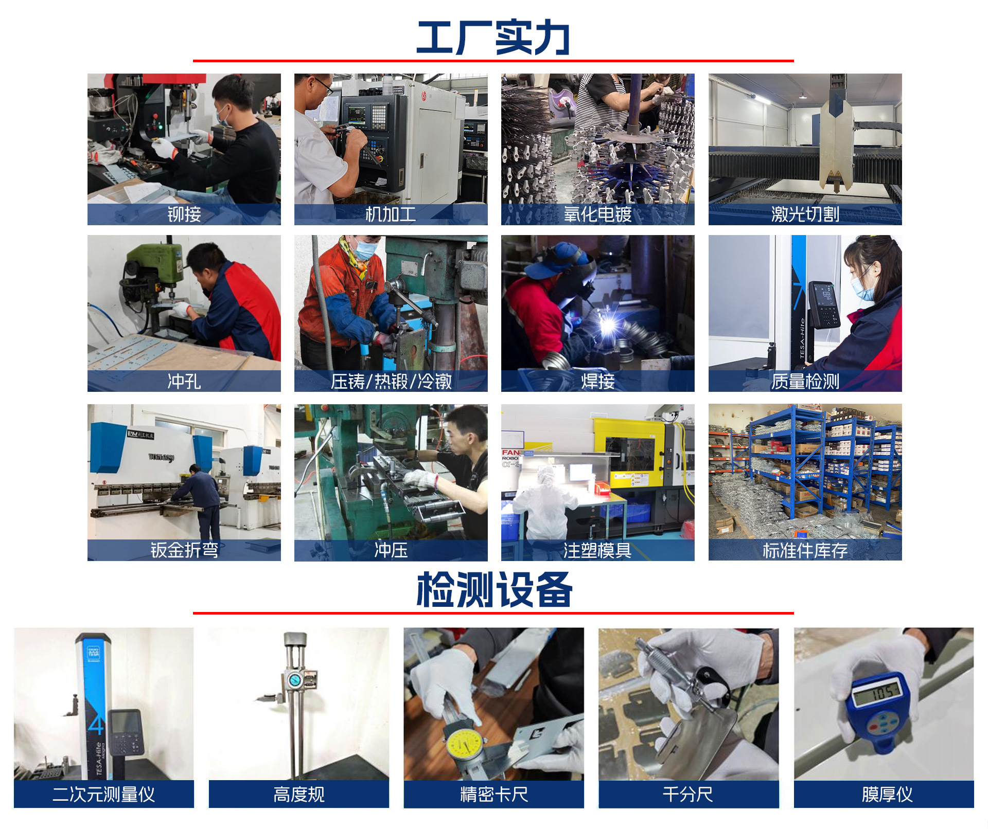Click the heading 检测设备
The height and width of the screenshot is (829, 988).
(x=494, y=589)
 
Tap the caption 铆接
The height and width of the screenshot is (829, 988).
(x=184, y=214)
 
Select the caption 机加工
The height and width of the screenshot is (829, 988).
(x=391, y=214)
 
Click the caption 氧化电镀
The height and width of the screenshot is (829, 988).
(x=597, y=214)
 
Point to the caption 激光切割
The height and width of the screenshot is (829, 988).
(x=805, y=214)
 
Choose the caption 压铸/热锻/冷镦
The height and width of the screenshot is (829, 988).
(x=391, y=381)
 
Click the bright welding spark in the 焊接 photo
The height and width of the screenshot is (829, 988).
(x=609, y=325)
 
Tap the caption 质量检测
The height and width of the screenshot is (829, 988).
(x=805, y=381)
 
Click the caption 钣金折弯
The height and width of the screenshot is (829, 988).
(x=184, y=550)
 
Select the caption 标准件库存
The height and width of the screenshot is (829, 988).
(x=805, y=550)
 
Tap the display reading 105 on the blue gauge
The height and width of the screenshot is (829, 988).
(x=877, y=694)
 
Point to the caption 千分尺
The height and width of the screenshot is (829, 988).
(x=688, y=794)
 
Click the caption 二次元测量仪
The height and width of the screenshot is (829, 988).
(x=103, y=794)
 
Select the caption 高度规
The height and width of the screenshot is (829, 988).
(x=298, y=794)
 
